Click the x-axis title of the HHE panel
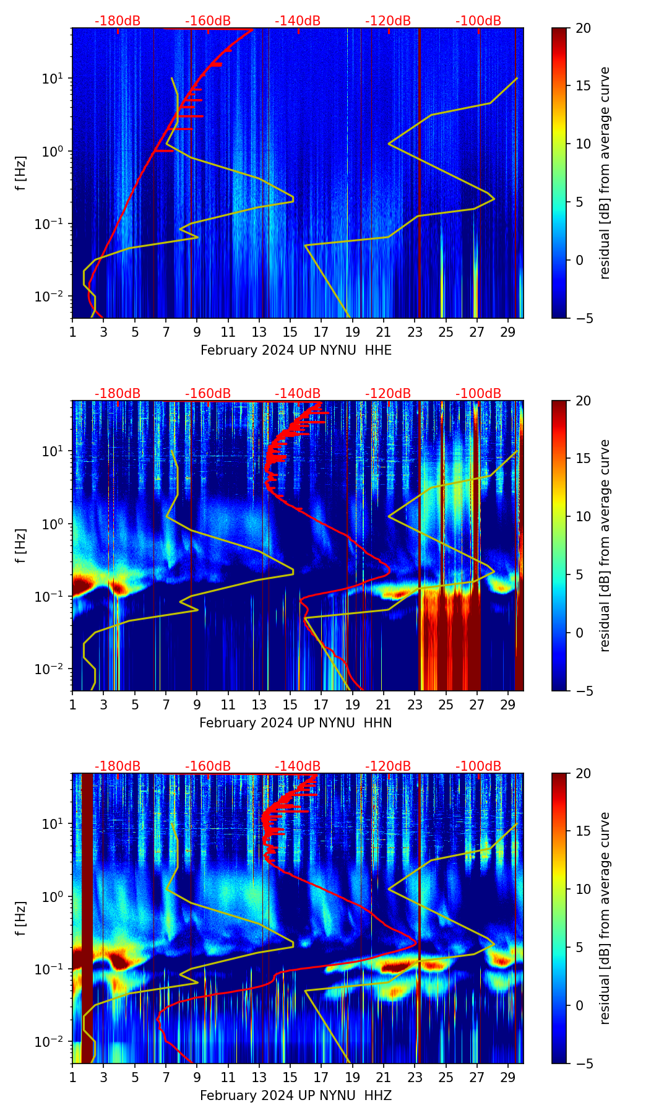pyautogui.click(x=296, y=350)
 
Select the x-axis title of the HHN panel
pyautogui.click(x=295, y=723)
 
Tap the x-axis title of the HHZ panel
pyautogui.click(x=295, y=1096)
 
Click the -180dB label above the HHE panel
pyautogui.click(x=118, y=21)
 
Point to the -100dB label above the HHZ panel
pyautogui.click(x=478, y=766)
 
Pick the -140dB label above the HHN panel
pyautogui.click(x=298, y=394)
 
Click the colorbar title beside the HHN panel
pyautogui.click(x=605, y=545)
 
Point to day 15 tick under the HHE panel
pyautogui.click(x=290, y=332)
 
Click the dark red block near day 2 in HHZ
pyautogui.click(x=87, y=916)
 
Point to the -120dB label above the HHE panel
pyautogui.click(x=388, y=21)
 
